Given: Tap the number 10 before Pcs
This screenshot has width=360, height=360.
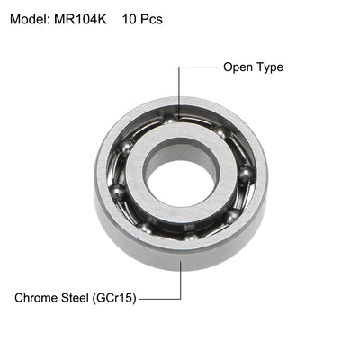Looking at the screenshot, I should point(129,18).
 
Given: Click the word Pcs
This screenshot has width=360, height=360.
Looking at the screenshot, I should point(152,18).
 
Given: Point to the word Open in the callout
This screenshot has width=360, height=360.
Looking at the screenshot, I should point(238,67).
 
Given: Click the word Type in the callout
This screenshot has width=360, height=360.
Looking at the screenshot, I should point(270,67).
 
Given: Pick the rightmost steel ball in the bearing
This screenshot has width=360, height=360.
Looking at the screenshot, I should point(246,174).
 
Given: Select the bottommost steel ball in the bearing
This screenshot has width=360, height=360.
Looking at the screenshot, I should point(190,236).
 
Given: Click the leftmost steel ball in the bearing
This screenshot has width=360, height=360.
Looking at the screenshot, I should point(116,191).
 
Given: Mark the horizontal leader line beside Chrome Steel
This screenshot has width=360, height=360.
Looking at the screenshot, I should point(162,296).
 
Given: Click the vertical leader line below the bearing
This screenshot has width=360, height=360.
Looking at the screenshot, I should point(181,279).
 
